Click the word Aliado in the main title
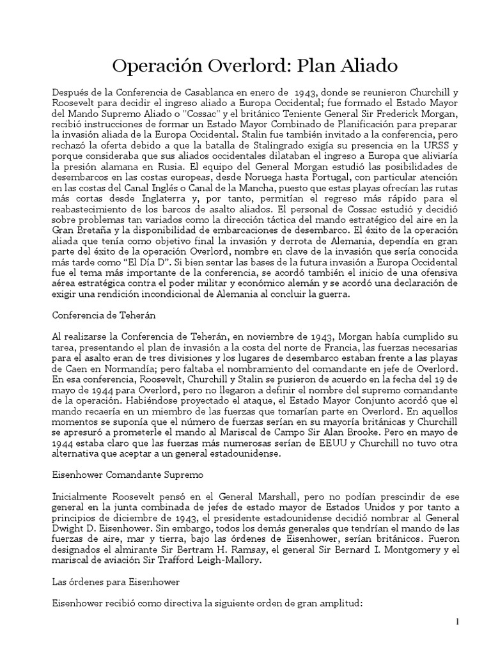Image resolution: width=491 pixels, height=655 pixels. pos(365,65)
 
